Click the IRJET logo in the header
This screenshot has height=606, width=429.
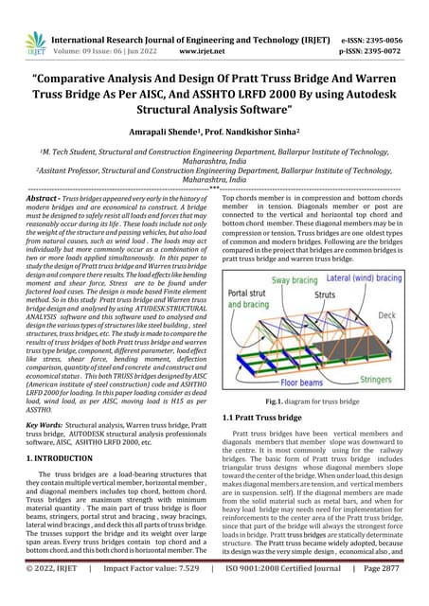(x=35, y=41)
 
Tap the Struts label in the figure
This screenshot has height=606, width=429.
(x=325, y=296)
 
